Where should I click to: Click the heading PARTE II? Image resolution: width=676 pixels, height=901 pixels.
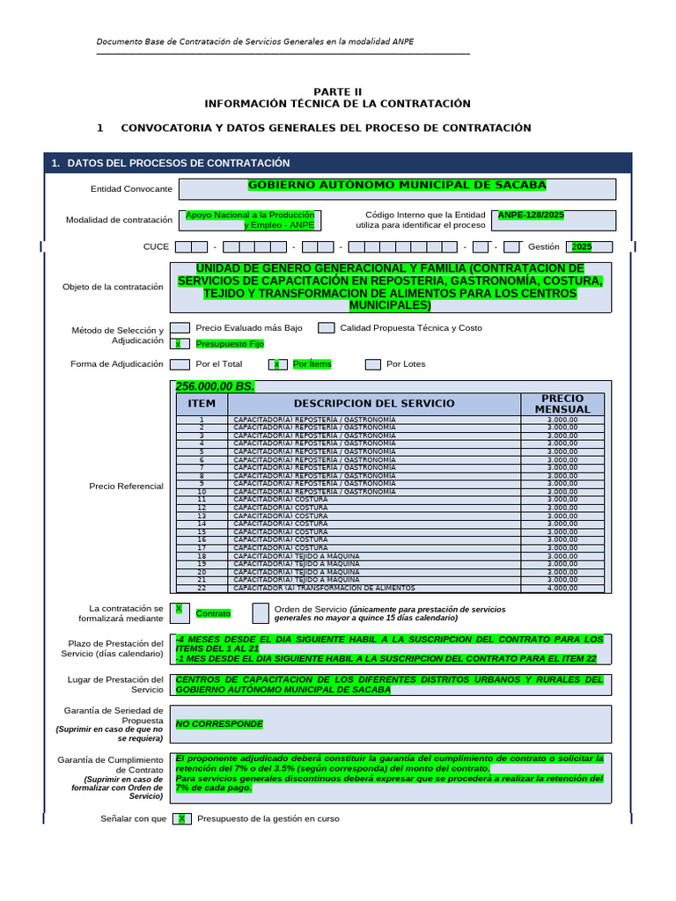pyautogui.click(x=338, y=92)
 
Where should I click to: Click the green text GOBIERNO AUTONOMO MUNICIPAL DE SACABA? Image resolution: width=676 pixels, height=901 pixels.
pyautogui.click(x=397, y=185)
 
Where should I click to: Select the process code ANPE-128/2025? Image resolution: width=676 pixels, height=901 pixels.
pyautogui.click(x=531, y=214)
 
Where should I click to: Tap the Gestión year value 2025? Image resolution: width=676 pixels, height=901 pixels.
pyautogui.click(x=582, y=247)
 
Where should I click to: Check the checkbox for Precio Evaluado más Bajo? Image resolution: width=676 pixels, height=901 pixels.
pyautogui.click(x=180, y=327)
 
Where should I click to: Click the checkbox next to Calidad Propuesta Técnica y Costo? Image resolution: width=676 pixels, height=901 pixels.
pyautogui.click(x=326, y=327)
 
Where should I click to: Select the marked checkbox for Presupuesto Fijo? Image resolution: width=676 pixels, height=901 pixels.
pyautogui.click(x=180, y=344)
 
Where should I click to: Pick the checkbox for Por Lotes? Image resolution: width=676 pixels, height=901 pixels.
pyautogui.click(x=373, y=364)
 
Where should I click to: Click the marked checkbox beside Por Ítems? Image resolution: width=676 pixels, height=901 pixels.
pyautogui.click(x=278, y=364)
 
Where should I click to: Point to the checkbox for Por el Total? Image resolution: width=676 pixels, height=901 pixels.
pyautogui.click(x=180, y=364)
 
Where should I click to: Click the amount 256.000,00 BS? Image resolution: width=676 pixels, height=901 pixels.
pyautogui.click(x=215, y=387)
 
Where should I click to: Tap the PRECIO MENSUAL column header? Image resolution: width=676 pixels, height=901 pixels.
pyautogui.click(x=562, y=404)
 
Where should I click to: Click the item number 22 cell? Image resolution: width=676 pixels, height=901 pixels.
pyautogui.click(x=202, y=588)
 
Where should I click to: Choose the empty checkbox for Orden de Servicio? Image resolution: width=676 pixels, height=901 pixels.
pyautogui.click(x=261, y=612)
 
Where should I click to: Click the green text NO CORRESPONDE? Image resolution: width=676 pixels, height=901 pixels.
pyautogui.click(x=219, y=724)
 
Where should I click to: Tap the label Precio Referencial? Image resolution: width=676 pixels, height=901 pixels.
pyautogui.click(x=126, y=486)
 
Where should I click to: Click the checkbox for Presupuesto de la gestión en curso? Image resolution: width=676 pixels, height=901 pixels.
pyautogui.click(x=181, y=819)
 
